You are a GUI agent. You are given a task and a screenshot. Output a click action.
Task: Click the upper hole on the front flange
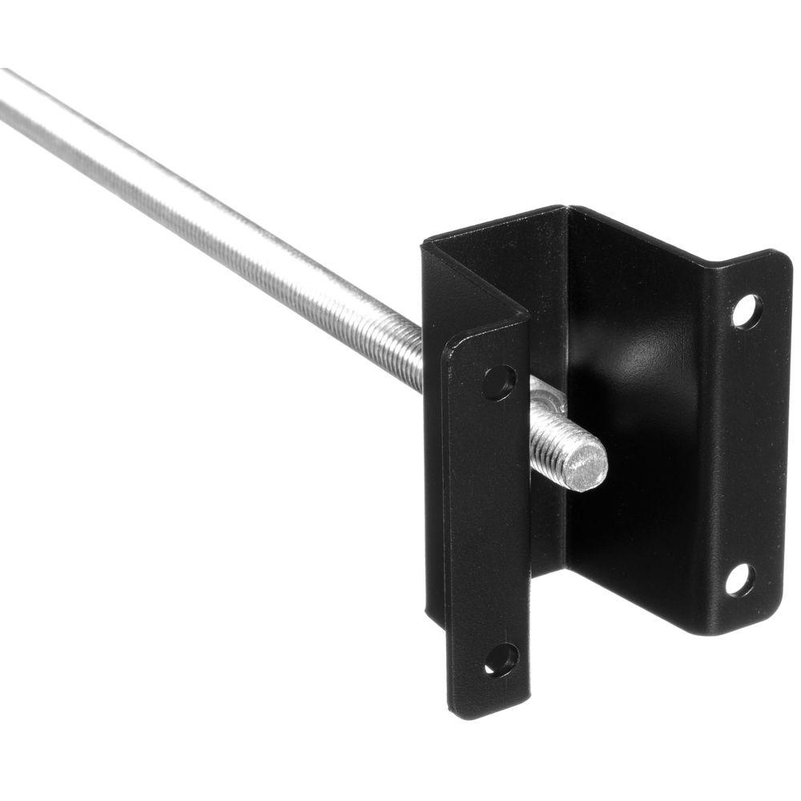pyautogui.click(x=498, y=382)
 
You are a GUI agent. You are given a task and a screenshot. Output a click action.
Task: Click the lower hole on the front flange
pyautogui.click(x=501, y=658)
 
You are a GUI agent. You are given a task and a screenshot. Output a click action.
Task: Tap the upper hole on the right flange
pyautogui.click(x=746, y=311)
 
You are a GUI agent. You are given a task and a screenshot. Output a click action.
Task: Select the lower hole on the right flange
pyautogui.click(x=739, y=580)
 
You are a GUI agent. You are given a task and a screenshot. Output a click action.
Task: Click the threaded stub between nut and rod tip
pyautogui.click(x=561, y=445)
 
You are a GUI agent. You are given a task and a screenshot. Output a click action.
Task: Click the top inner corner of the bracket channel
pyautogui.click(x=567, y=211)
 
